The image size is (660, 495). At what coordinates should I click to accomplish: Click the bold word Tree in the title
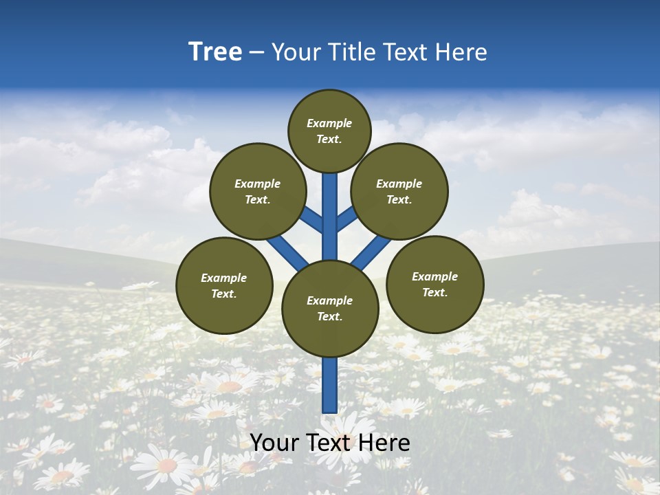(x=215, y=52)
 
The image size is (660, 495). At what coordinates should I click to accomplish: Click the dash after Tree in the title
(x=256, y=53)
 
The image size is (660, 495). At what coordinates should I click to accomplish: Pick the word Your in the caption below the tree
(x=275, y=443)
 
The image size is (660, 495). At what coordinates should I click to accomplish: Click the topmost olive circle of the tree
(x=329, y=131)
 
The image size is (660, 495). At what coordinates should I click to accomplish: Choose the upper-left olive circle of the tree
(x=258, y=191)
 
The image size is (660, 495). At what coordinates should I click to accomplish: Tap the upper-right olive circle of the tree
(x=399, y=191)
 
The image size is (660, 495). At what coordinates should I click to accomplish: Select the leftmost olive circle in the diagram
(x=224, y=285)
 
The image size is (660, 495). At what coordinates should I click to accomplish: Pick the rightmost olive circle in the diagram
(x=435, y=284)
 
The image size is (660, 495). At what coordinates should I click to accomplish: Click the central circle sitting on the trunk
(x=330, y=308)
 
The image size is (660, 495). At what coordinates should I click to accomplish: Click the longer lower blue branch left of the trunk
(x=287, y=250)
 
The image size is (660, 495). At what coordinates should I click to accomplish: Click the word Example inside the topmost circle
(x=329, y=123)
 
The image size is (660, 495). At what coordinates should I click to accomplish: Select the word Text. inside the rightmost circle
(x=434, y=292)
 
